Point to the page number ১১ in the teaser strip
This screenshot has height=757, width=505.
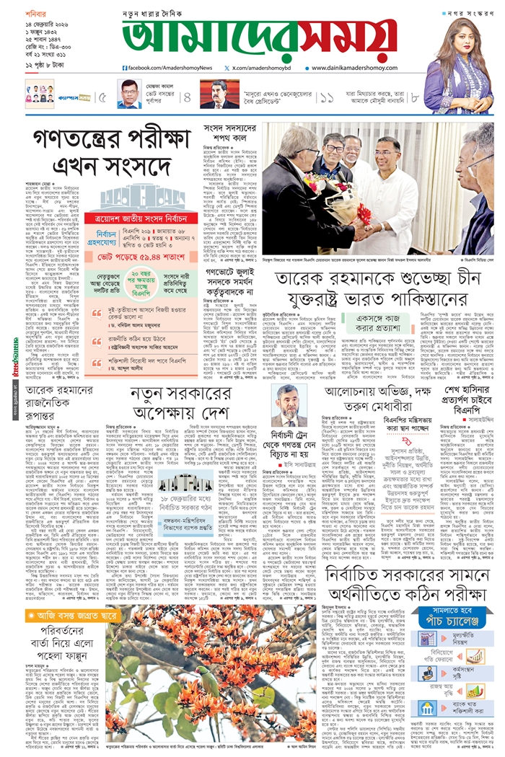(x=328, y=97)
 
